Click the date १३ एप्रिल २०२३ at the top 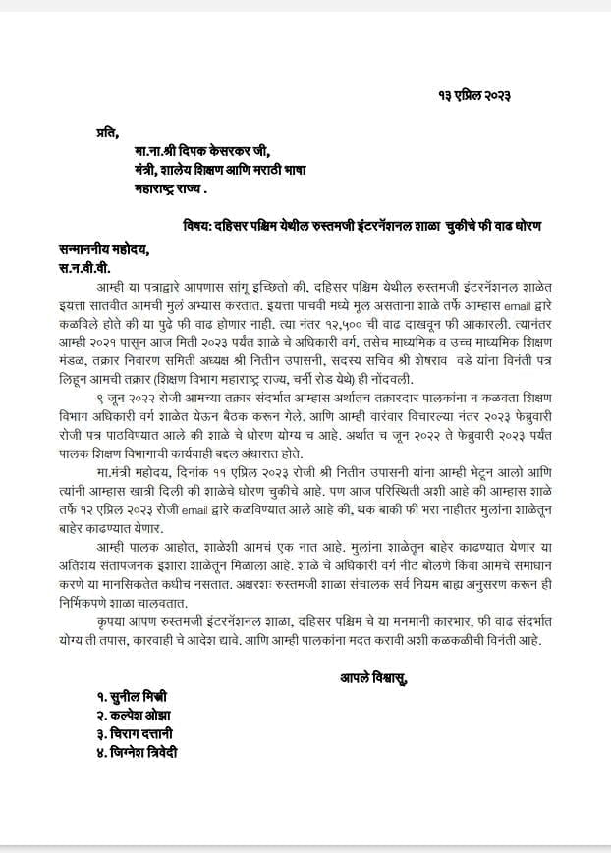click(474, 95)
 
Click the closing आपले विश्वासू click(374, 676)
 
